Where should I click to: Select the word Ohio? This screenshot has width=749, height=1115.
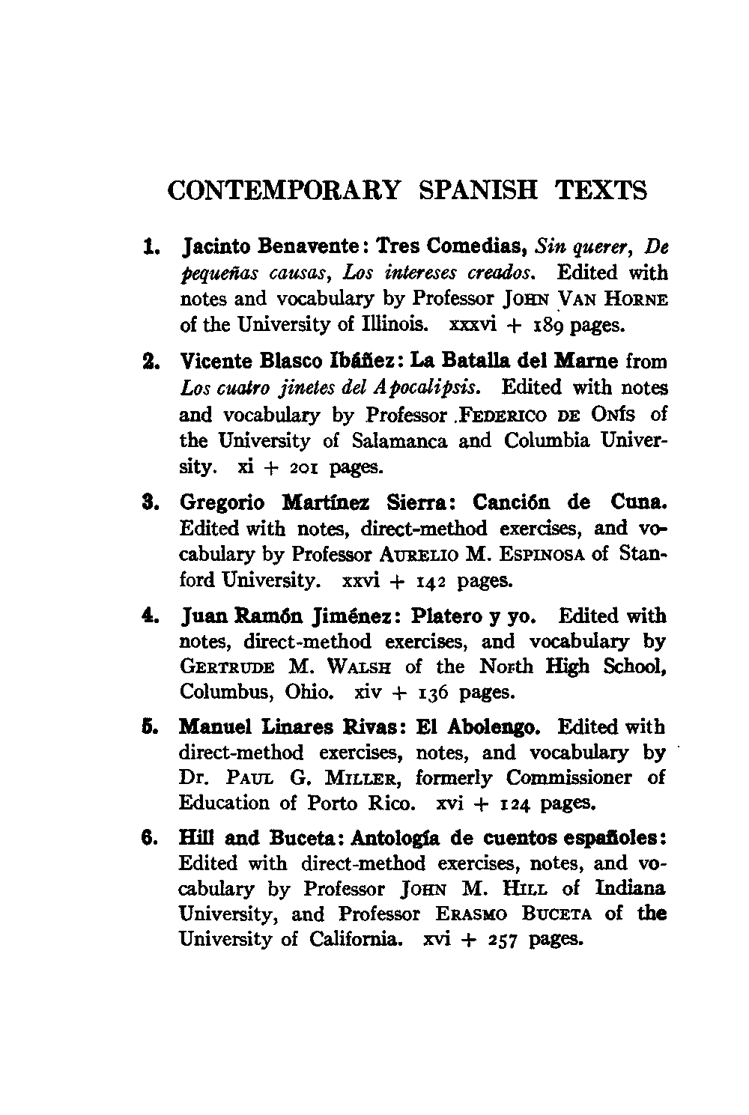tap(308, 692)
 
